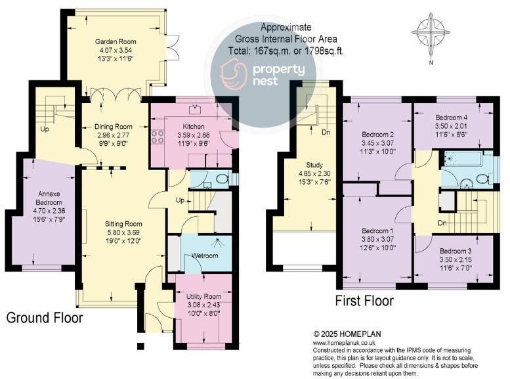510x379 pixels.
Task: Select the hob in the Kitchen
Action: [x=158, y=137]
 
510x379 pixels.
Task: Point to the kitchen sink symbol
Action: [x=195, y=108]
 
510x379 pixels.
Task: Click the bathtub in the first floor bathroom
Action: [x=463, y=159]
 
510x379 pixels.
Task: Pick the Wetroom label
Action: [x=205, y=255]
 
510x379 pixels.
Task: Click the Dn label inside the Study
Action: [x=325, y=131]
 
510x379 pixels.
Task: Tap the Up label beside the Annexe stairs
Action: [x=45, y=129]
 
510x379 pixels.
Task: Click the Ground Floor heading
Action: [x=45, y=319]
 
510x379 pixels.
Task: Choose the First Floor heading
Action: [x=364, y=301]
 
